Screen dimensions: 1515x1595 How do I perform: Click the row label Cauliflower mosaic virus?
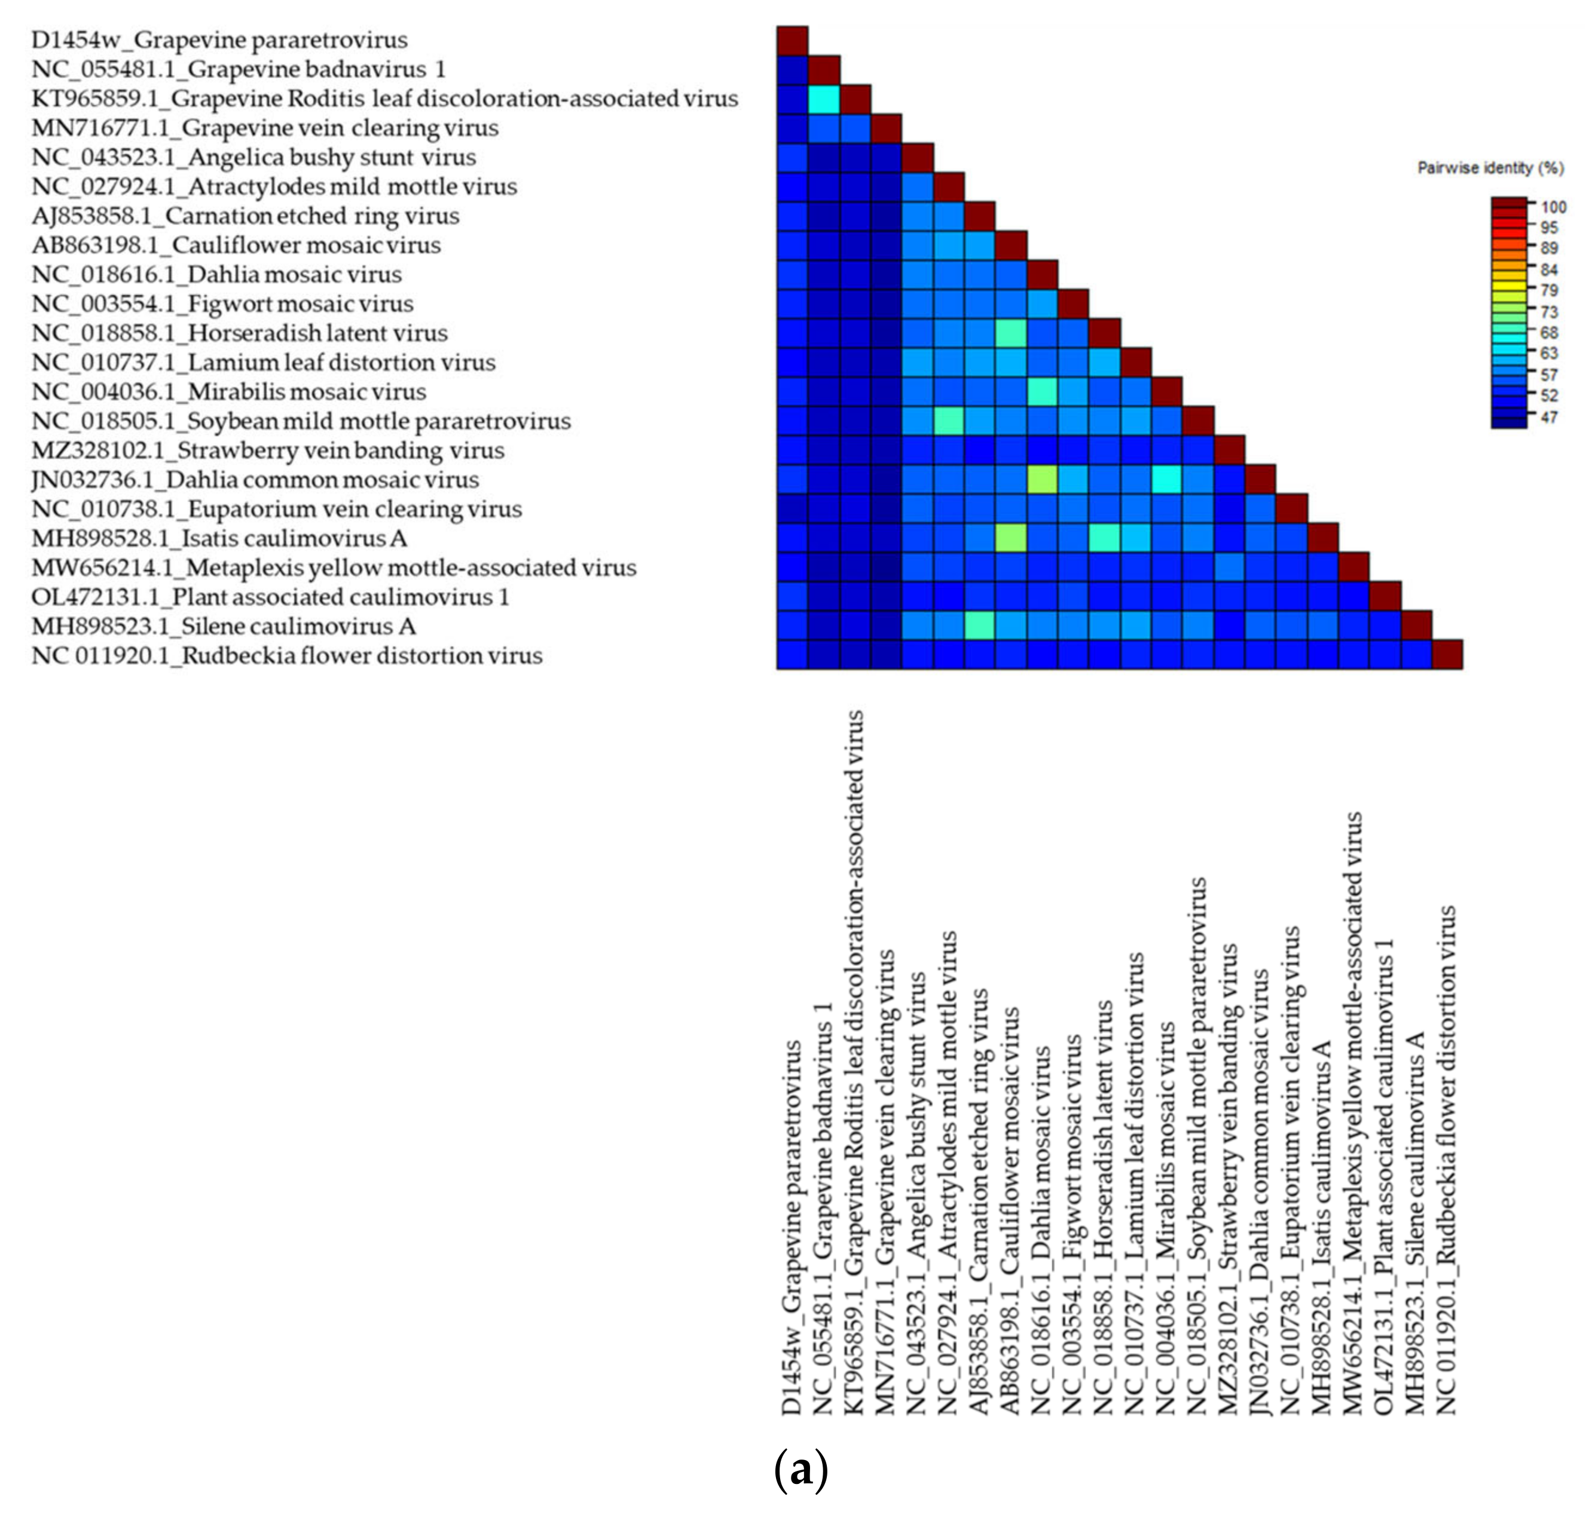(x=236, y=245)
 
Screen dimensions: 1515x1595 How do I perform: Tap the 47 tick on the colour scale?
(x=1548, y=417)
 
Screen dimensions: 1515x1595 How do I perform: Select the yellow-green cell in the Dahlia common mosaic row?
(x=1041, y=479)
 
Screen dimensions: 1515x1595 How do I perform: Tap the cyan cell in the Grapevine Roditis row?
(x=824, y=99)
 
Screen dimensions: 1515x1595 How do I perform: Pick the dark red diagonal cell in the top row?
(x=793, y=39)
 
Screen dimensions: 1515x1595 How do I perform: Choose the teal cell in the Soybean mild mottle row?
(x=949, y=421)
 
